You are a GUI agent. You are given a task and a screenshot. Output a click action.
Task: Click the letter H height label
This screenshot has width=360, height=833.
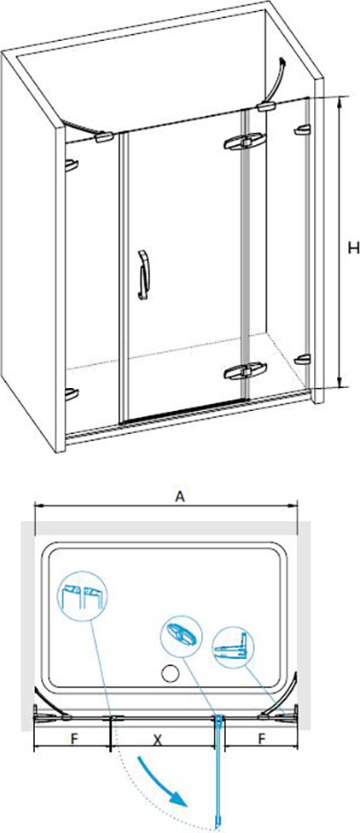pos(350,248)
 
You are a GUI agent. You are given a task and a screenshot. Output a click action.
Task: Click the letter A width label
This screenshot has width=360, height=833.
pos(180,496)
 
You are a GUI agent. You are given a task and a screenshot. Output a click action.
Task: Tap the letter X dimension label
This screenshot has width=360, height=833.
pos(157,739)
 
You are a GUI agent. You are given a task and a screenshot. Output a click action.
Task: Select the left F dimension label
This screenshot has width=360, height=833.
pos(75,739)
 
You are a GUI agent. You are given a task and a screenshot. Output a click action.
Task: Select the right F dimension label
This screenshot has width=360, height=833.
pos(261,739)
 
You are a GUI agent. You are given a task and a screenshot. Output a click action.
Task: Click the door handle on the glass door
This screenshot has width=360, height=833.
pos(143,275)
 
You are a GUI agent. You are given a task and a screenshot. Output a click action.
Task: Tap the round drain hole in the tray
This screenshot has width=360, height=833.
pos(170,674)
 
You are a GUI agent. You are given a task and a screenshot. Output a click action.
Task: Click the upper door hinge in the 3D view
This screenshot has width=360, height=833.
pos(243,142)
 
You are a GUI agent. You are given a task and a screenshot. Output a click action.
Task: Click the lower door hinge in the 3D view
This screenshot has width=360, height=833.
pos(243,371)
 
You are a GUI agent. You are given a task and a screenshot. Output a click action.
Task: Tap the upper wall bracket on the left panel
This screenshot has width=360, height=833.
pos(72,165)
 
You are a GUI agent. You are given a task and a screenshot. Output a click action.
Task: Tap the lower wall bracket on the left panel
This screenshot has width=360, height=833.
pos(72,394)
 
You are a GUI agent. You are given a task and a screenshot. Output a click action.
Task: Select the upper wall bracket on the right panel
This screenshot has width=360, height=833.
pos(302,130)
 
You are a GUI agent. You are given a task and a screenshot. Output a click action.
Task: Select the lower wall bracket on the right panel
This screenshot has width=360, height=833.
pos(302,360)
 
